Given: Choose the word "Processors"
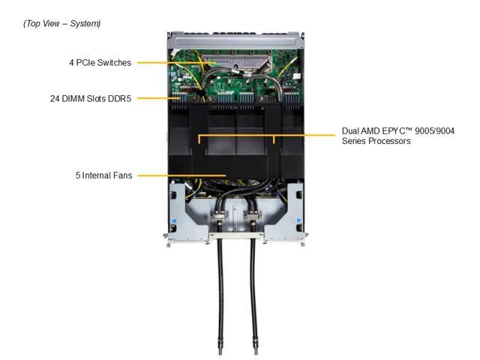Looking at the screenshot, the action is [387, 141].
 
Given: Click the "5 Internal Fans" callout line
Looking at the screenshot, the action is [180, 175].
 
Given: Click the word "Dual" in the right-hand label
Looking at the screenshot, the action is [351, 130].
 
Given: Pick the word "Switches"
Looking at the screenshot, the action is [114, 63].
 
